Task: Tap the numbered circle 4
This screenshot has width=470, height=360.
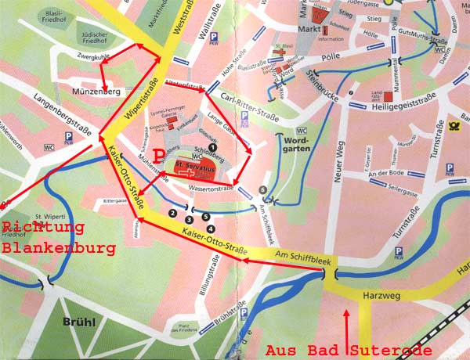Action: pos(211,228)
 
